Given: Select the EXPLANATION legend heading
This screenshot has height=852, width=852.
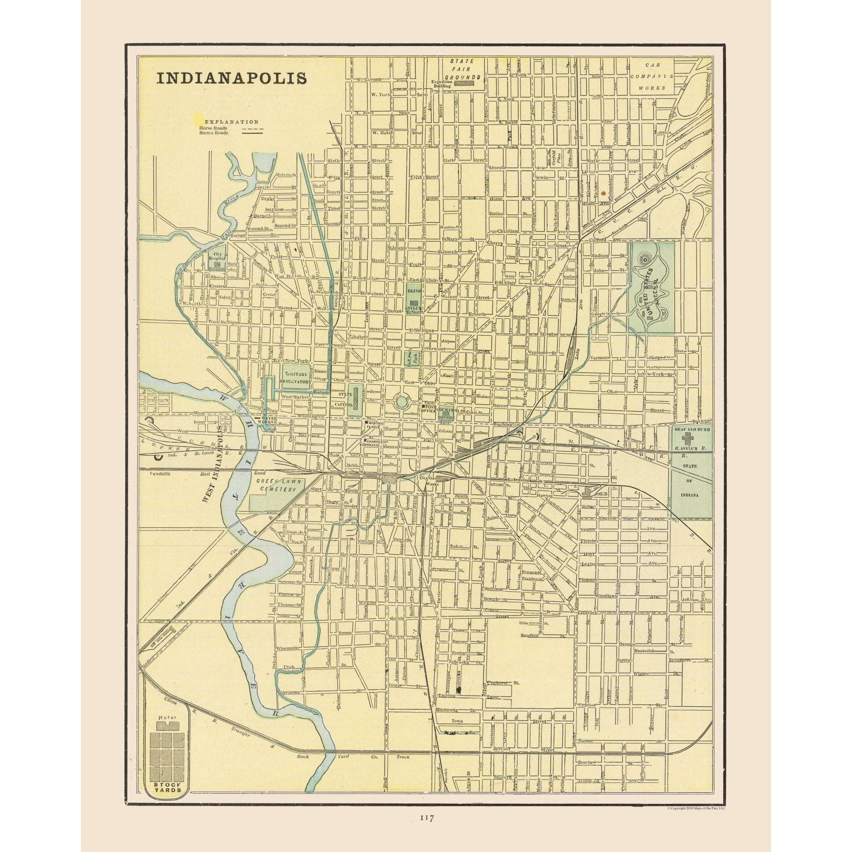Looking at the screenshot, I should (x=231, y=121).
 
